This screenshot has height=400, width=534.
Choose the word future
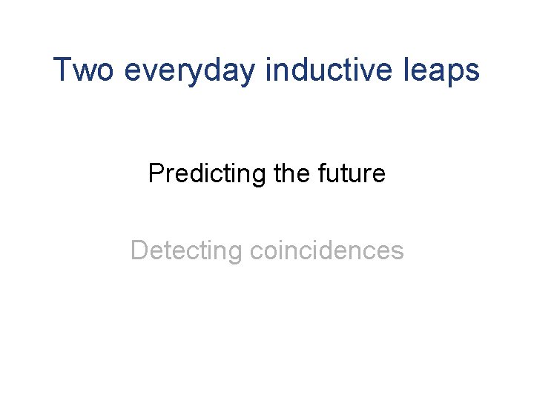pyautogui.click(x=353, y=173)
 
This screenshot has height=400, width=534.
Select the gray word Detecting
pyautogui.click(x=186, y=251)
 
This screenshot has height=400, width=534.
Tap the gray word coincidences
pyautogui.click(x=327, y=250)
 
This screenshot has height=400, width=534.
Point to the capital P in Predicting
pyautogui.click(x=155, y=173)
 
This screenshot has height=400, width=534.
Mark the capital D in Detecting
pyautogui.click(x=139, y=250)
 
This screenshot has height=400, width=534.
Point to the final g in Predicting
pyautogui.click(x=260, y=176)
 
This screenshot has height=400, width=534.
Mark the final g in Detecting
pyautogui.click(x=236, y=253)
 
